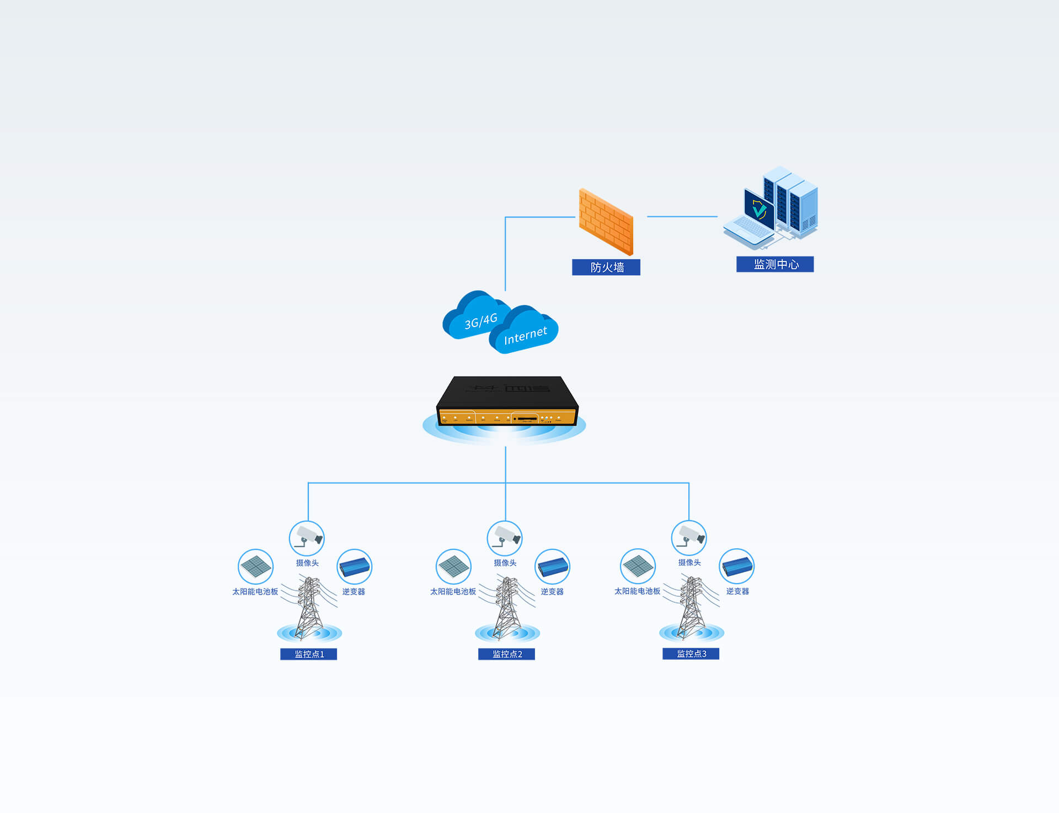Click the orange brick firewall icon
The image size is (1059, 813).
pos(606,222)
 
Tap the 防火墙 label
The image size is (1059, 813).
pos(606,268)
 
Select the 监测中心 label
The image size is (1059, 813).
pos(775,265)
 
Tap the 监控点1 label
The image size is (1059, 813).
pos(308,654)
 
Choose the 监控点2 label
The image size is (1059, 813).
pos(506,654)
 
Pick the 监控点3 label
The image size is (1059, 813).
pos(691,654)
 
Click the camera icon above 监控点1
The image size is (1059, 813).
pos(307,538)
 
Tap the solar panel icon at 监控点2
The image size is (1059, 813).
pos(453,566)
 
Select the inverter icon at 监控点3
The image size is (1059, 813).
pos(737,566)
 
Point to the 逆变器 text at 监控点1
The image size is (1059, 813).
pos(354,592)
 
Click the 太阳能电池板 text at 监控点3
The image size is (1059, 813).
pos(637,591)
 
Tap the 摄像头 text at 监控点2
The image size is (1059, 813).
pos(505,563)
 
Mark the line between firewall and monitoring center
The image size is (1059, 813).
pos(682,217)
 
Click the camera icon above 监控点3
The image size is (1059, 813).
pos(689,537)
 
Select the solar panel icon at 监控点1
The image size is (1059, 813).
pos(255,566)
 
